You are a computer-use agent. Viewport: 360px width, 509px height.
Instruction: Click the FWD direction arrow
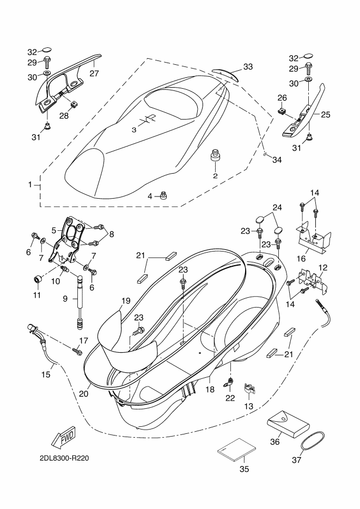pos(63,436)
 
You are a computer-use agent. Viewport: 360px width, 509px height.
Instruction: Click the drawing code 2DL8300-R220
pos(64,458)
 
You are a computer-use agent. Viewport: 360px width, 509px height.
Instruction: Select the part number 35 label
pos(244,469)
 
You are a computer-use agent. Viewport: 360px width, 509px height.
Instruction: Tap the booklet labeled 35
pos(236,449)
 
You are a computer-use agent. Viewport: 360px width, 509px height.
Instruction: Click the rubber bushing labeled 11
pos(38,279)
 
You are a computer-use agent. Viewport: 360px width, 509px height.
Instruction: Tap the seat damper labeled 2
pos(215,156)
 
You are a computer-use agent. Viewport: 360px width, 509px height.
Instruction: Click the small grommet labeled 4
pos(164,196)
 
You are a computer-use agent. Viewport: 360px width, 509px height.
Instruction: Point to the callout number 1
pos(30,185)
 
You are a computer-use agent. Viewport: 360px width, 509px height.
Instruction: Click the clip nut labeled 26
pos(283,111)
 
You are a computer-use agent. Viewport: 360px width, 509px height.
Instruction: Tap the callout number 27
pos(94,73)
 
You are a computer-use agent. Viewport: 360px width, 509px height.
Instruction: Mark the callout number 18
pos(210,389)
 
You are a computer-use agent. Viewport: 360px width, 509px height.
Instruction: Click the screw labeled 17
pos(77,351)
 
